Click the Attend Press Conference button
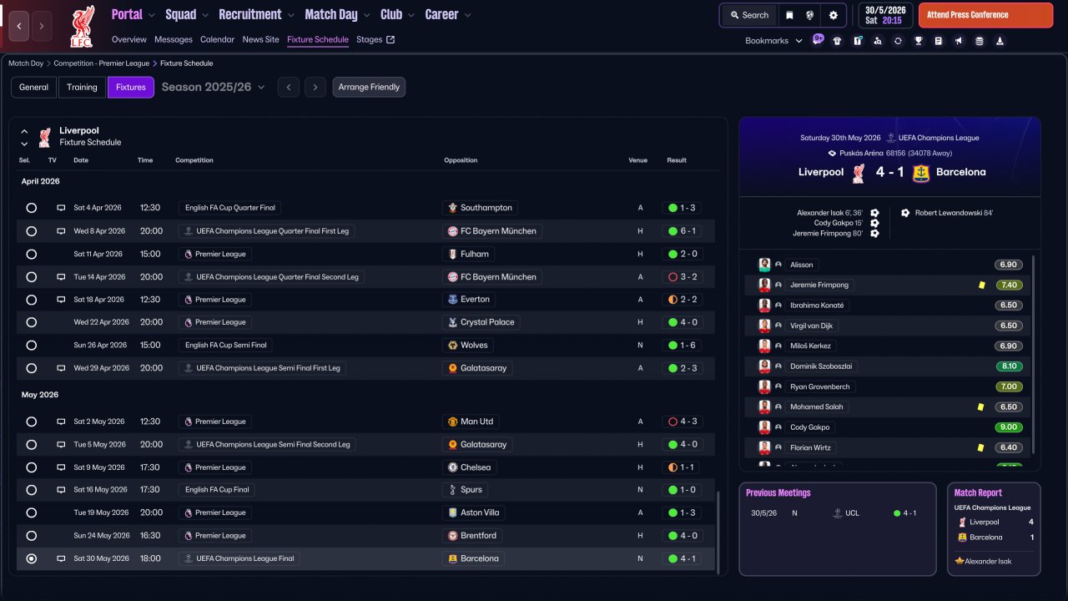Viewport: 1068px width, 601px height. [x=985, y=15]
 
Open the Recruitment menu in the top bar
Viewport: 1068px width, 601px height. [x=255, y=15]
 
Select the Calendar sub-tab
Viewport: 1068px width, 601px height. [x=217, y=39]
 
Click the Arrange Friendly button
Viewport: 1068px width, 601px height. [x=369, y=87]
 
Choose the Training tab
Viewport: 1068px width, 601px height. [x=82, y=87]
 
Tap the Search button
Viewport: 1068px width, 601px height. [x=748, y=15]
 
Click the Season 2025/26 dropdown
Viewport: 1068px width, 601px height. [x=213, y=87]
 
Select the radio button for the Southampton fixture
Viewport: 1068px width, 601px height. [x=32, y=208]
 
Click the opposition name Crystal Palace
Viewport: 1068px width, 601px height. [x=487, y=322]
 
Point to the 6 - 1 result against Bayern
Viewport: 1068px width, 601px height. [x=683, y=231]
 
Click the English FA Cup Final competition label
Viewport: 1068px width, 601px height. [x=217, y=490]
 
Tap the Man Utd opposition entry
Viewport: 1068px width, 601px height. [x=476, y=422]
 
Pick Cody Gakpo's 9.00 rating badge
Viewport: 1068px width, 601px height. [x=1008, y=427]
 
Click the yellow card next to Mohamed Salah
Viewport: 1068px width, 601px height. [x=980, y=407]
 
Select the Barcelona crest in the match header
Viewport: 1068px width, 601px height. [x=921, y=173]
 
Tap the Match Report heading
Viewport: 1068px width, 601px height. [x=978, y=492]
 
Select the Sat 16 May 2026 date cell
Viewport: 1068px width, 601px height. [x=99, y=490]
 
